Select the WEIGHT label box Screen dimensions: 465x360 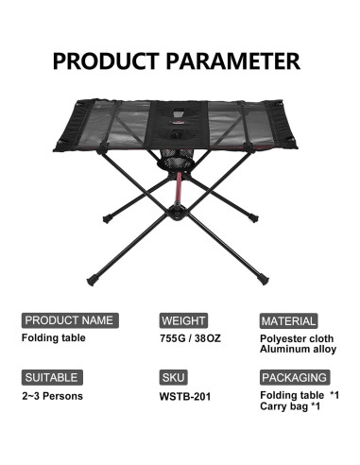tap(183, 320)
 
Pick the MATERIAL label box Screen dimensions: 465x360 tap(288, 320)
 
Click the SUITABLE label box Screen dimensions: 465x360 tap(52, 376)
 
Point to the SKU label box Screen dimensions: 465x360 tap(173, 376)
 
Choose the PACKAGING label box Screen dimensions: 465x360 tap(294, 376)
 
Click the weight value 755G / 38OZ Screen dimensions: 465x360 tap(191, 337)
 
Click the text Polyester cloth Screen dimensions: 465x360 tap(298, 337)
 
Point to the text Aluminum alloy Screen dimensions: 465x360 tap(298, 349)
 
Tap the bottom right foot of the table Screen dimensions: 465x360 tap(259, 280)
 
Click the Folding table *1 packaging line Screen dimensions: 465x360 tap(299, 394)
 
